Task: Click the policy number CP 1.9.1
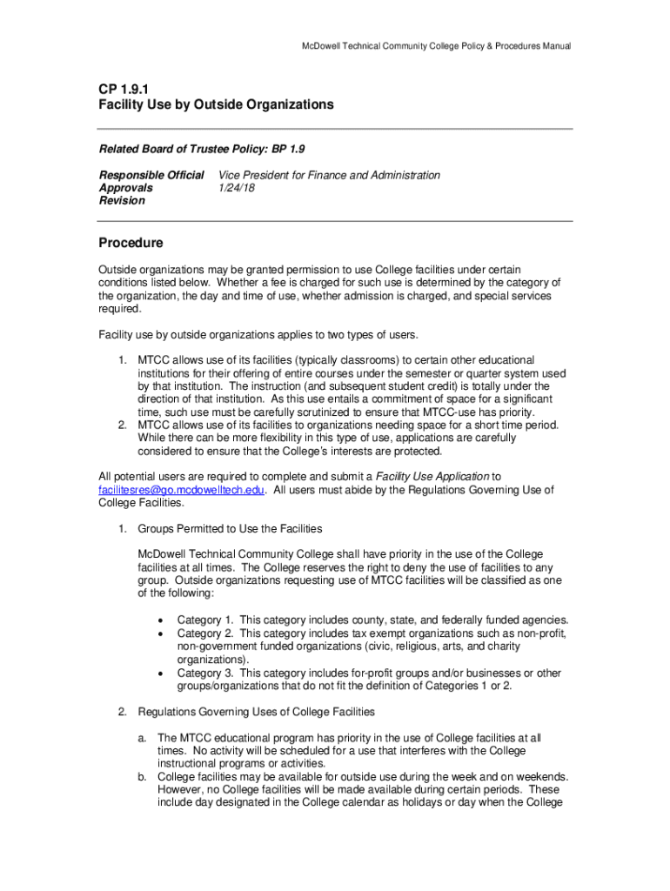pyautogui.click(x=124, y=88)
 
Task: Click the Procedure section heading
pyautogui.click(x=131, y=243)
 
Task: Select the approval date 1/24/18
pyautogui.click(x=236, y=188)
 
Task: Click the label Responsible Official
pyautogui.click(x=151, y=175)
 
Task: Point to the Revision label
pyautogui.click(x=122, y=200)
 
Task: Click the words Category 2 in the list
pyautogui.click(x=205, y=633)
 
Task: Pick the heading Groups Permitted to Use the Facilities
pyautogui.click(x=230, y=529)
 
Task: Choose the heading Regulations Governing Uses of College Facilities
pyautogui.click(x=256, y=712)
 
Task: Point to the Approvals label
pyautogui.click(x=125, y=188)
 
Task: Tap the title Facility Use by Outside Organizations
pyautogui.click(x=216, y=104)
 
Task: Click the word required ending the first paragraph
pyautogui.click(x=118, y=308)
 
